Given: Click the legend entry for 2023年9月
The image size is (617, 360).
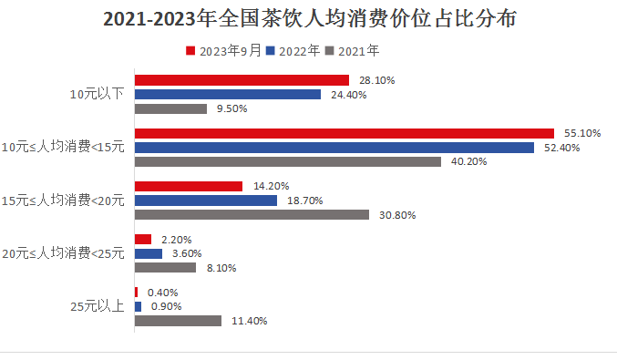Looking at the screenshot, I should tap(223, 51).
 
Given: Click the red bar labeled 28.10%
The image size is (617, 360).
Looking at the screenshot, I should tap(242, 80).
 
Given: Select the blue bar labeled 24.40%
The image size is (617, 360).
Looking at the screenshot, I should tap(228, 95).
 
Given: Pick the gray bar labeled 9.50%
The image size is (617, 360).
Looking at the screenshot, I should tap(171, 108).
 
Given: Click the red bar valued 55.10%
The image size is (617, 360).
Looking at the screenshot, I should tap(344, 133).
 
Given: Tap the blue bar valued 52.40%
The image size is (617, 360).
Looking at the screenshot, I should tap(334, 148).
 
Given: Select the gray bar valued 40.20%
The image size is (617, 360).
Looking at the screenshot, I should tap(288, 162).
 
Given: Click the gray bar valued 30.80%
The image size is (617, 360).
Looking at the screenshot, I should tap(252, 215).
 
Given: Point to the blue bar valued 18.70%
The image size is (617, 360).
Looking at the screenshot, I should tap(206, 201).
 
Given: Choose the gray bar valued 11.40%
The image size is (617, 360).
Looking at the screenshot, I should tap(179, 321).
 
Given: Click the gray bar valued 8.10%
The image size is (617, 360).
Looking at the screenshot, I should tap(166, 268).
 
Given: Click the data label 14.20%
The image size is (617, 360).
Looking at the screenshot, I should tap(271, 186).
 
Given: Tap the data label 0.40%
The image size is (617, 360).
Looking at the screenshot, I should tap(163, 293).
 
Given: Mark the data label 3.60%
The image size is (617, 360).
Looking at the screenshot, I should tap(187, 253).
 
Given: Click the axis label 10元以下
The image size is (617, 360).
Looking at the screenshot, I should tap(97, 95).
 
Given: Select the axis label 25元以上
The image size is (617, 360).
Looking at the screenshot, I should tap(97, 306).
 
